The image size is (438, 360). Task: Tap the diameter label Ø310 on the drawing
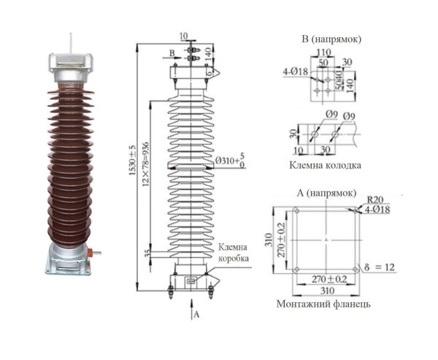click(223, 160)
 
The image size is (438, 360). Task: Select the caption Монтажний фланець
click(322, 303)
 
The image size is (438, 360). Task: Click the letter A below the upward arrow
click(196, 315)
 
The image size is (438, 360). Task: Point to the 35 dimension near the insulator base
click(148, 252)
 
